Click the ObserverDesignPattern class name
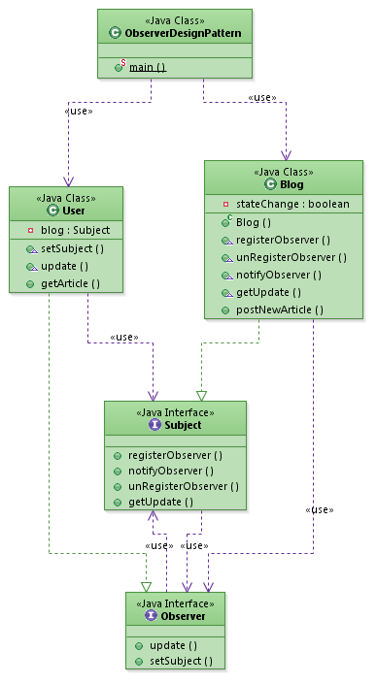pos(183,34)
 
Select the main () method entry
pos(147,67)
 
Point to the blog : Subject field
pos(75,230)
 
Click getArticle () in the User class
pos(70,282)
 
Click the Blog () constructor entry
pos(255,222)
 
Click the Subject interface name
pos(183,424)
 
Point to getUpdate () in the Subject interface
pos(160,502)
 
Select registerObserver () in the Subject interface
pos(175,454)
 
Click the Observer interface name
pos(182,615)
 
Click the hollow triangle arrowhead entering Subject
pos(201,395)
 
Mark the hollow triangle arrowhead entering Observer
pos(146,586)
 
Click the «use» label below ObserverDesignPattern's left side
pos(77,111)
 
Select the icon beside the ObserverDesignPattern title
pos(116,34)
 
